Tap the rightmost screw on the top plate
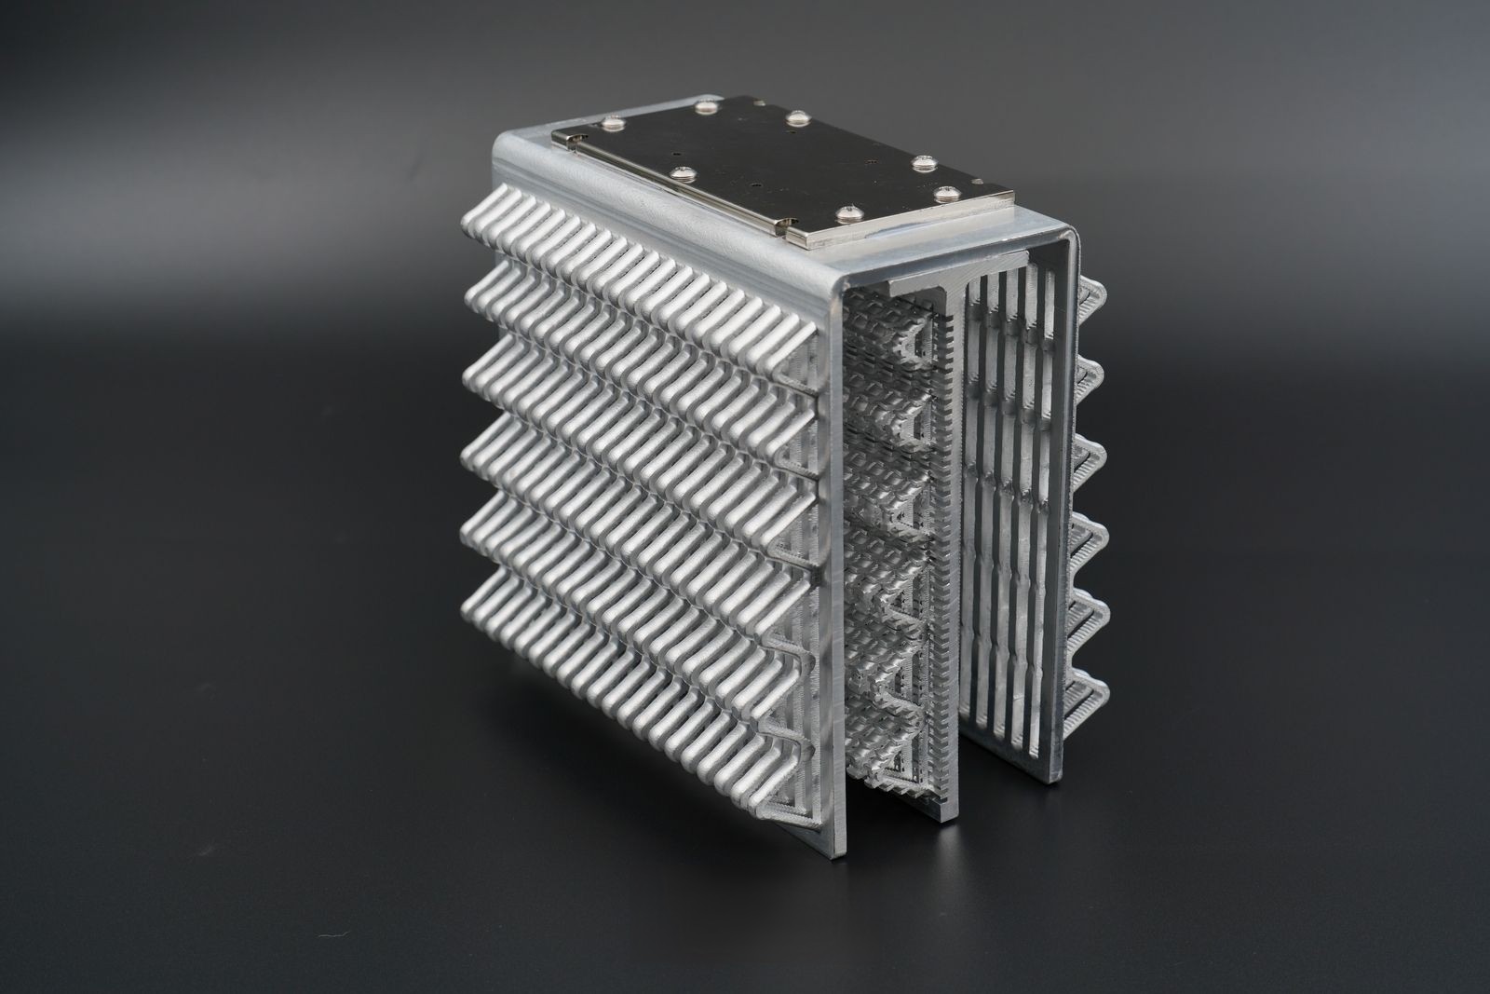coord(947,193)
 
